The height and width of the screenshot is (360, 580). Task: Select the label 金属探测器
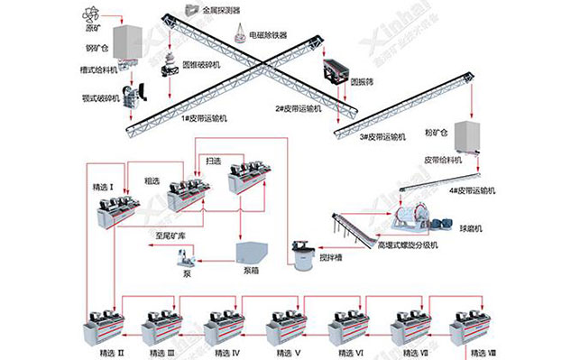[x=223, y=10]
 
